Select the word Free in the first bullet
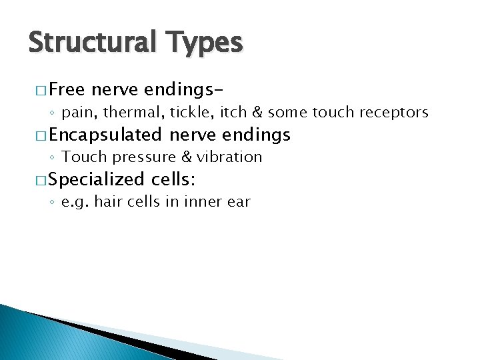coord(68,90)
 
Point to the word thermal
coord(131,113)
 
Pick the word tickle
coord(185,113)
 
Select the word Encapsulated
coord(105,135)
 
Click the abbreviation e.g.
coord(73,202)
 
